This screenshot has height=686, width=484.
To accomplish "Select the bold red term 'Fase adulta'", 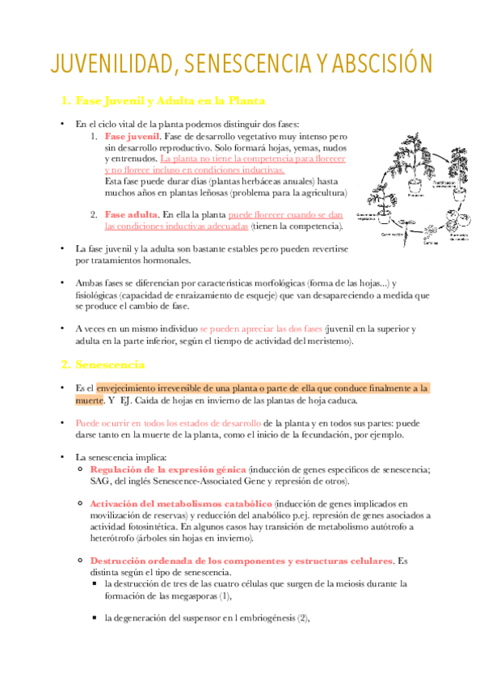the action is (131, 214).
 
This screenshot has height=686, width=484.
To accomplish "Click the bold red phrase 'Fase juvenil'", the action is (133, 138).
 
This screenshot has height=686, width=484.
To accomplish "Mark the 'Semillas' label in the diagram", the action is (431, 243).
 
